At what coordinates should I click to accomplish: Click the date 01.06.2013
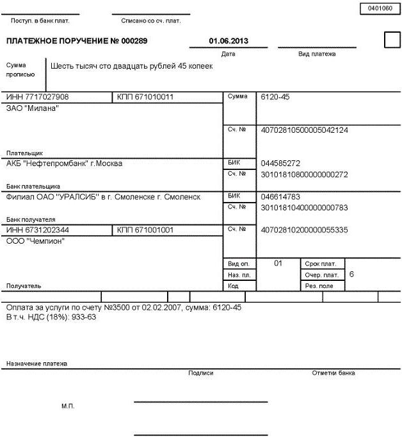[229, 41]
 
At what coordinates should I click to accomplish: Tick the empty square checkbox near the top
[391, 40]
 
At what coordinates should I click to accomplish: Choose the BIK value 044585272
[280, 163]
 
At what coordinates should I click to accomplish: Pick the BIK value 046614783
[280, 197]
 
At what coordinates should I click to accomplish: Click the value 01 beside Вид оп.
[278, 263]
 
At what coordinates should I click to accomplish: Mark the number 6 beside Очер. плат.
[351, 274]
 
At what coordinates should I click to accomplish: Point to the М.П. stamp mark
[68, 407]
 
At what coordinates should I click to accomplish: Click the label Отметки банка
[333, 373]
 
